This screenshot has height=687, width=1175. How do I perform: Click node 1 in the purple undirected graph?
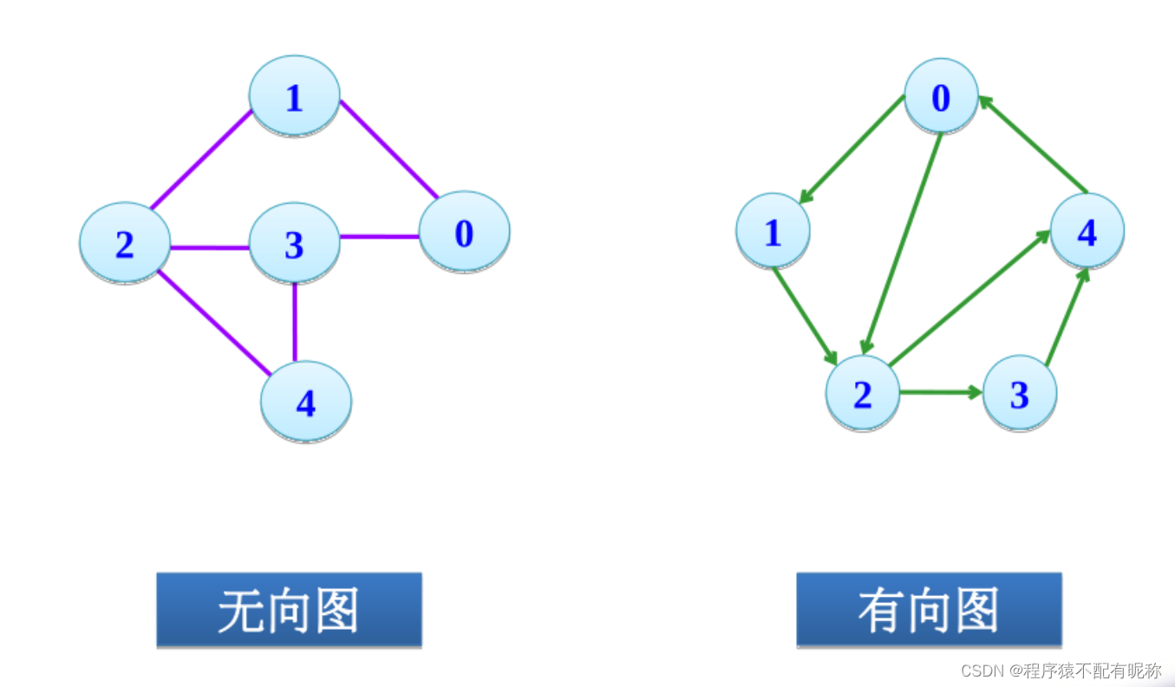(x=294, y=96)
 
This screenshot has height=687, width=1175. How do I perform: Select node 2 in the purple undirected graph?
(x=125, y=243)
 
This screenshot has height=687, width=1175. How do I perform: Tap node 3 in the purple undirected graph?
(x=294, y=243)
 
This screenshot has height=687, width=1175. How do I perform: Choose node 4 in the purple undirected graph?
(x=306, y=402)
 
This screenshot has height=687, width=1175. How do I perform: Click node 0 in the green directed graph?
(x=941, y=96)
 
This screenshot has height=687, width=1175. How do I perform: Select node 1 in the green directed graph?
(x=773, y=231)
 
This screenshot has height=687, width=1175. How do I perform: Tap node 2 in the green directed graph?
(x=862, y=392)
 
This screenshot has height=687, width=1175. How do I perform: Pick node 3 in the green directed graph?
(x=1020, y=393)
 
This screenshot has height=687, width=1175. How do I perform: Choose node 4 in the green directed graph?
(x=1087, y=231)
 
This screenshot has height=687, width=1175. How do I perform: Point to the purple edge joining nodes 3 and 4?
(x=295, y=321)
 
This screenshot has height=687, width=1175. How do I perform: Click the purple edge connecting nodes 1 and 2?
(x=200, y=160)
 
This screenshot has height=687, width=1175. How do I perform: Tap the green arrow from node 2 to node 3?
(x=940, y=392)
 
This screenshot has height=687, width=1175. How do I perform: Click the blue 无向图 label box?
(x=289, y=610)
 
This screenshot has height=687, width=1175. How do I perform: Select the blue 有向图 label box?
(x=929, y=610)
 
